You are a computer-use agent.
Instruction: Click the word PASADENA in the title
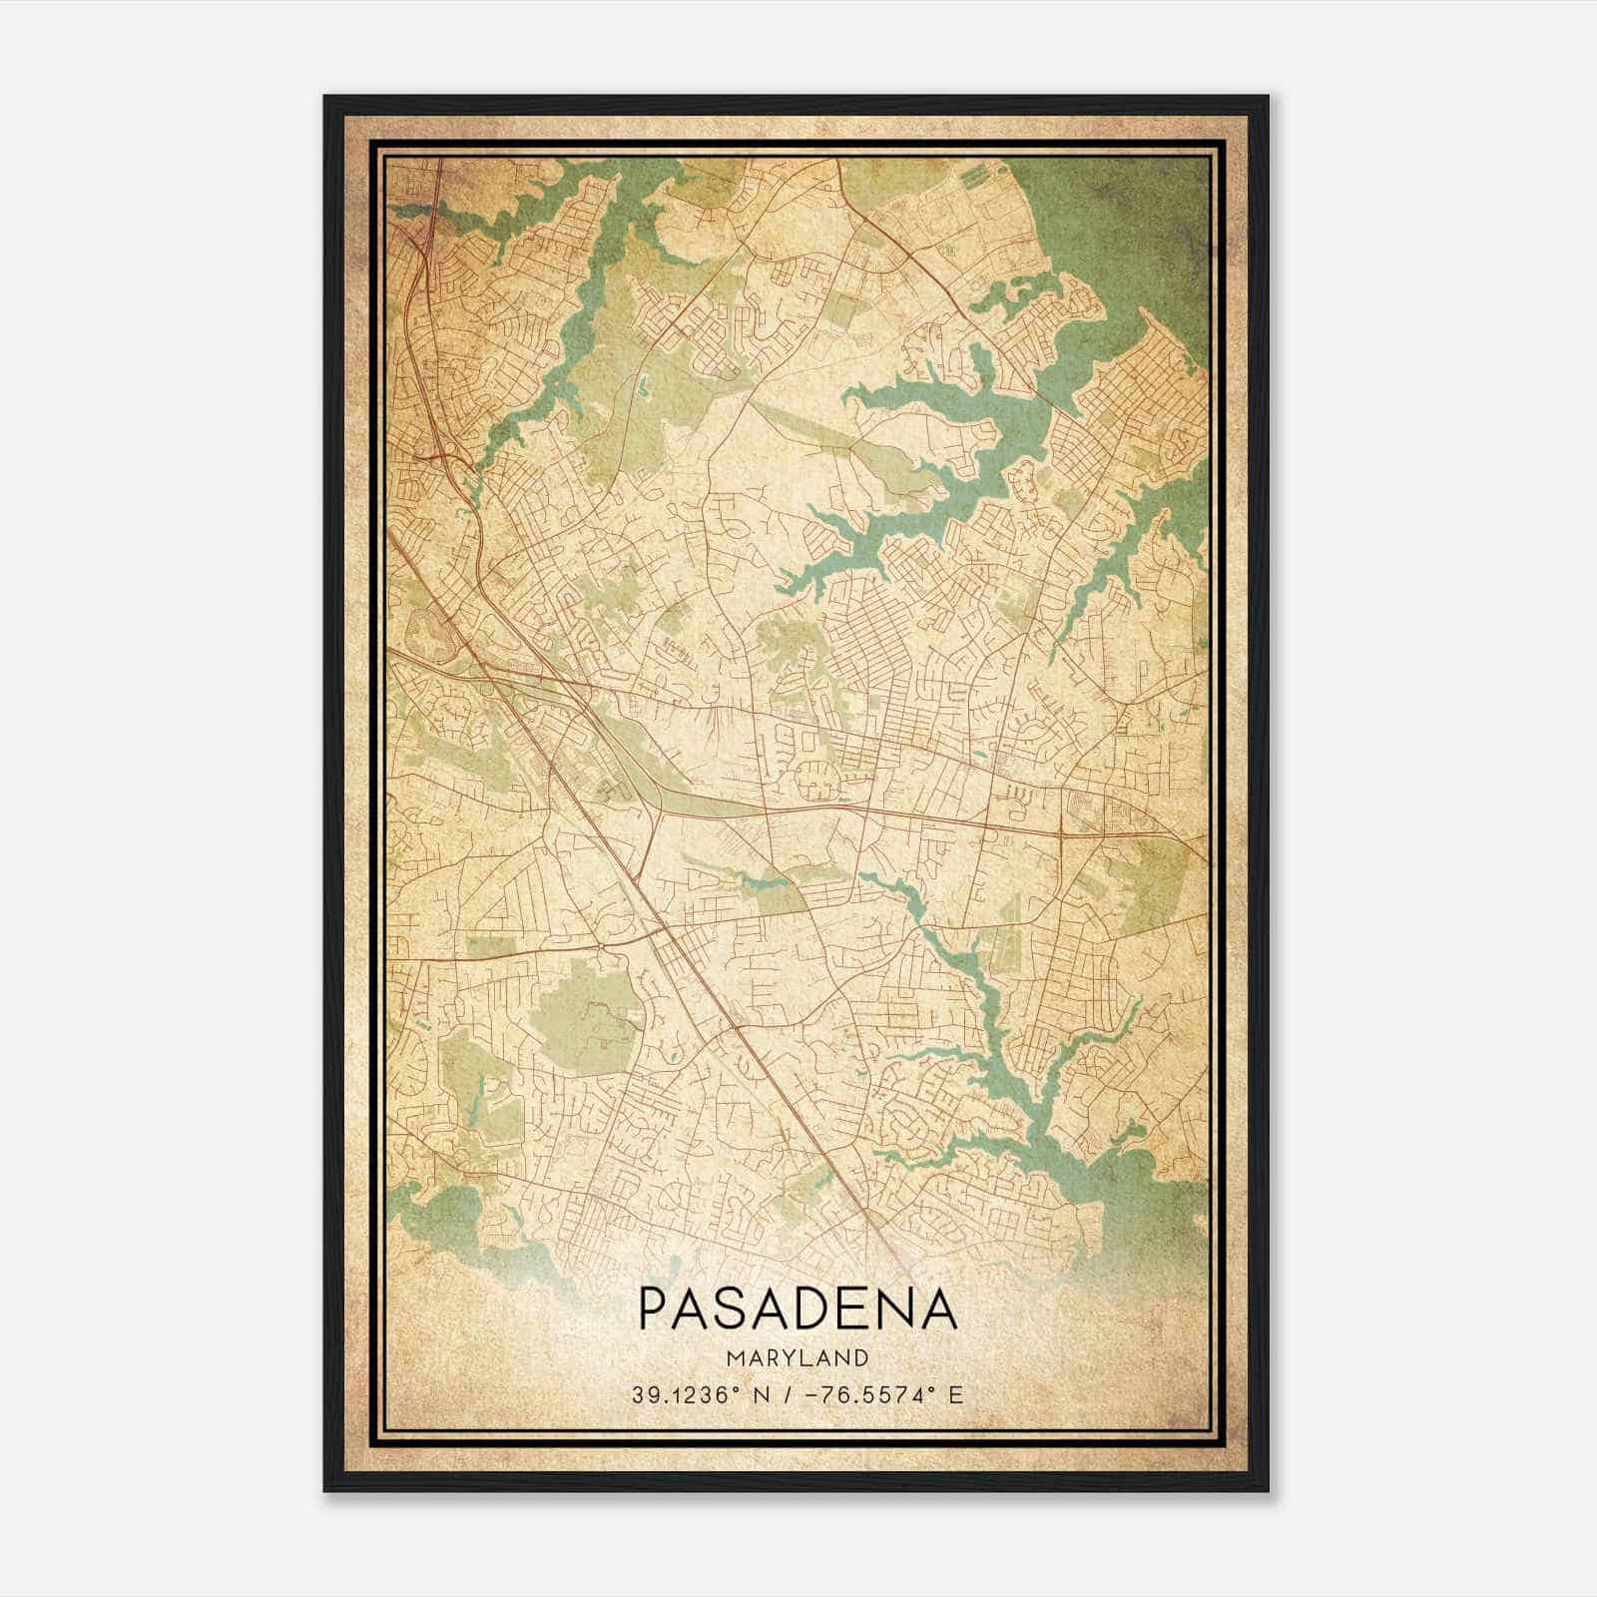(x=798, y=1309)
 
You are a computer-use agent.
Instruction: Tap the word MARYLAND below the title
(x=798, y=1357)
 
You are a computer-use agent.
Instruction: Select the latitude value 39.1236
(x=681, y=1395)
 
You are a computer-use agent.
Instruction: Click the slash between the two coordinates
(x=788, y=1395)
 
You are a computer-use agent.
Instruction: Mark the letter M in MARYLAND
(x=735, y=1357)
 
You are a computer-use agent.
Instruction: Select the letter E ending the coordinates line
(x=956, y=1395)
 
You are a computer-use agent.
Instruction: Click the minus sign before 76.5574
(x=810, y=1395)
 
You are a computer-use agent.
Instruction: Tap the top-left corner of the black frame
(x=326, y=98)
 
